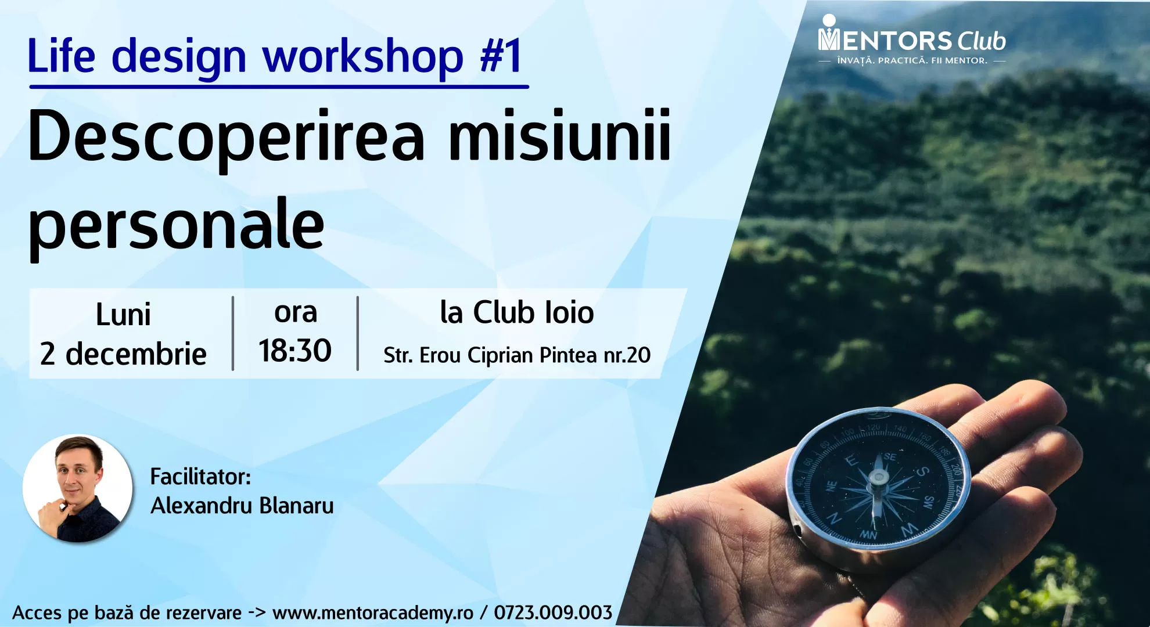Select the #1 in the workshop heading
[501, 56]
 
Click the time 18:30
[295, 351]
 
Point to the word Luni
[123, 315]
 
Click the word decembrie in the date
[136, 354]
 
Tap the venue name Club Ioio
[533, 312]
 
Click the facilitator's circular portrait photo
[78, 488]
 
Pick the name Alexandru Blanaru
[242, 506]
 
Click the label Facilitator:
[200, 477]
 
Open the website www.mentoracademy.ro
[373, 613]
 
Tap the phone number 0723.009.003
[553, 612]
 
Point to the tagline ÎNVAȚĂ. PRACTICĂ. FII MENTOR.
[912, 60]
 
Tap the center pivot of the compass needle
[878, 478]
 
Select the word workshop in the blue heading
[363, 57]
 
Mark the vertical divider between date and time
[233, 333]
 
